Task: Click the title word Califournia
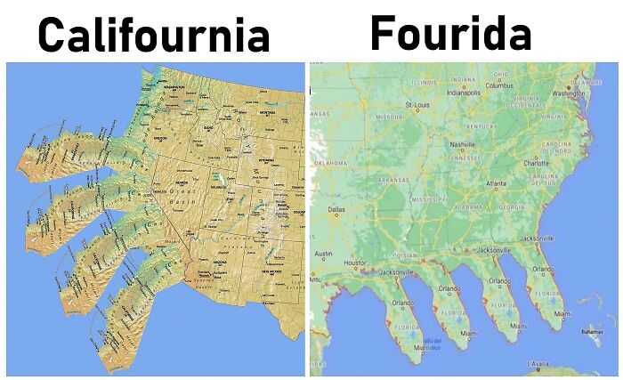pyautogui.click(x=153, y=36)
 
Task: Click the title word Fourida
pyautogui.click(x=451, y=33)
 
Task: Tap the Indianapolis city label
pyautogui.click(x=469, y=91)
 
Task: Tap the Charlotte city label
pyautogui.click(x=537, y=164)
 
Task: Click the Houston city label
pyautogui.click(x=355, y=263)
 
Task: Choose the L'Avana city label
pyautogui.click(x=538, y=364)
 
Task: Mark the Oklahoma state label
pyautogui.click(x=330, y=164)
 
